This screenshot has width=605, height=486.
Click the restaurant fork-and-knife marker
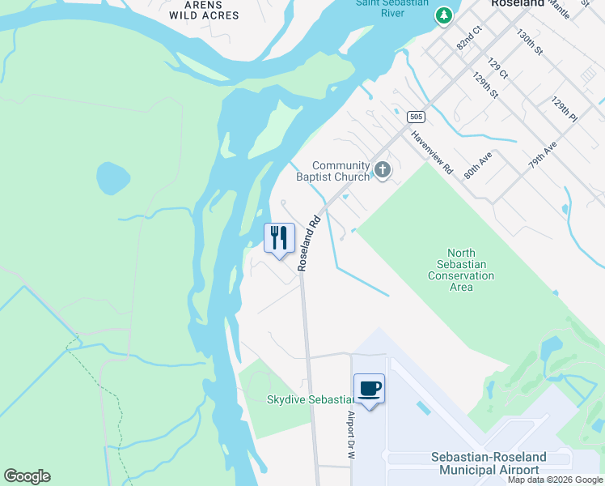click(x=279, y=238)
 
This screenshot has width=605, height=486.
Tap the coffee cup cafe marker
click(x=369, y=389)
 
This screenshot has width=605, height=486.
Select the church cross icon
click(x=383, y=170)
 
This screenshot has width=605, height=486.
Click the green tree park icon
click(x=443, y=15)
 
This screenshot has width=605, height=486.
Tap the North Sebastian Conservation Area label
click(x=461, y=270)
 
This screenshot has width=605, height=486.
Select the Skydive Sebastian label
click(x=311, y=400)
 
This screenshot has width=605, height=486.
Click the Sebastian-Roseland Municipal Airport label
click(x=489, y=463)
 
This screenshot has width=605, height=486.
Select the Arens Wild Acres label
click(x=205, y=10)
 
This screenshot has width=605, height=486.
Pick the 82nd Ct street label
click(x=468, y=37)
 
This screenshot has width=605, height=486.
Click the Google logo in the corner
click(x=27, y=476)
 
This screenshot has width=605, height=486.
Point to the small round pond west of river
click(x=112, y=177)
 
